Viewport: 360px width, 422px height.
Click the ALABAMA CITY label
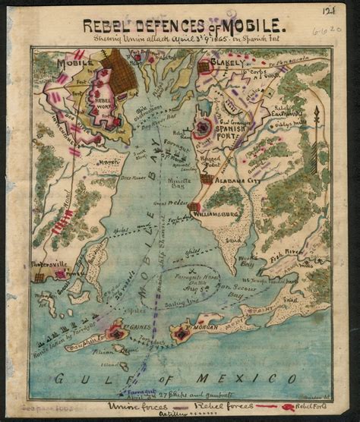[238, 180]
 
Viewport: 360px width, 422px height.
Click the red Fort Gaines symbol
[116, 332]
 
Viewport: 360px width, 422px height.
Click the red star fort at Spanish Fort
[203, 128]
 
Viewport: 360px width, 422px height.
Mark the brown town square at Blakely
[204, 67]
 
